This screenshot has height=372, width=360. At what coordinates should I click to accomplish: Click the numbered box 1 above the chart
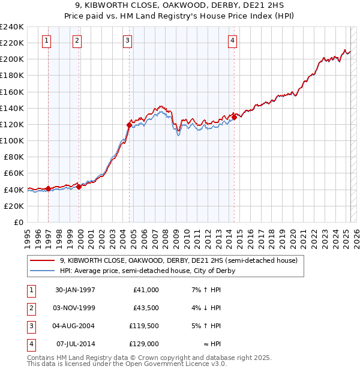(x=47, y=41)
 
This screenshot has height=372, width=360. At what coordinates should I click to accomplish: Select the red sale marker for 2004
(x=129, y=125)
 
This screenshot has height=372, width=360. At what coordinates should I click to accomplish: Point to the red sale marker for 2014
(x=234, y=117)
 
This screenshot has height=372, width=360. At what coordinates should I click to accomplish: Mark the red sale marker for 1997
(x=48, y=188)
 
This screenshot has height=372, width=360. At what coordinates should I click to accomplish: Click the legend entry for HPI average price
(x=147, y=271)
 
